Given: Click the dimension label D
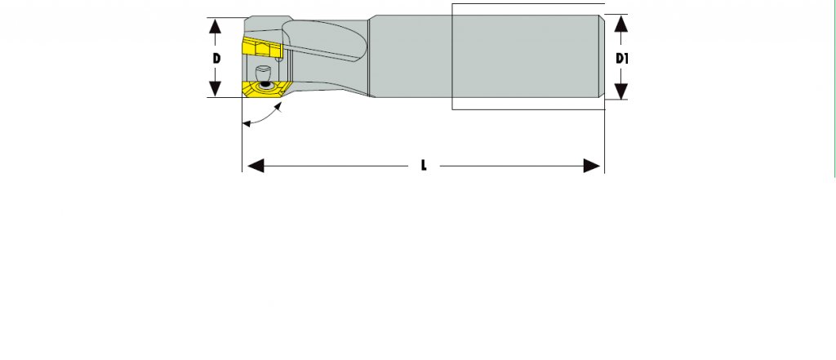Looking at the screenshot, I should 216,58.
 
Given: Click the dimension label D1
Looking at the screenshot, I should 622,59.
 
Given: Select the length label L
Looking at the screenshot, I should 423,166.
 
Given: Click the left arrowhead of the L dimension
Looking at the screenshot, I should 253,166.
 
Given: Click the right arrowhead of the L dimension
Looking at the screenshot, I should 593,166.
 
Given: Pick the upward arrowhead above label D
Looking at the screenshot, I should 216,26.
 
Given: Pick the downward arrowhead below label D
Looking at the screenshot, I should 216,90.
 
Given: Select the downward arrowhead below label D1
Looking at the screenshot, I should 621,91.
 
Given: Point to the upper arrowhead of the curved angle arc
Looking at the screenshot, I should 280,107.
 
